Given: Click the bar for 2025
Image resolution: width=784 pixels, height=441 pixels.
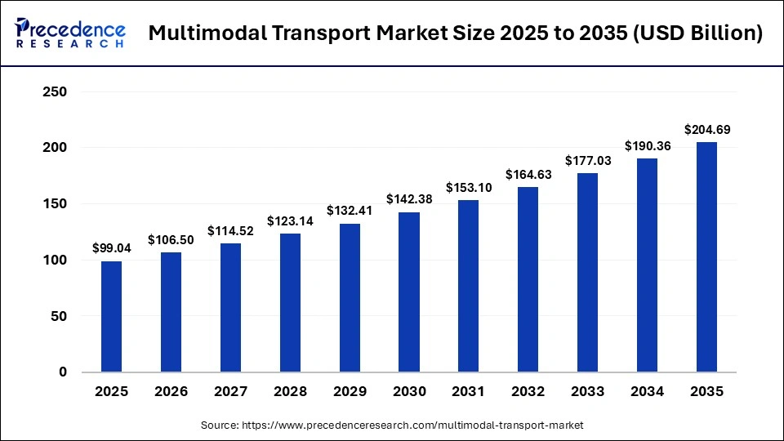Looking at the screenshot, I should (111, 317).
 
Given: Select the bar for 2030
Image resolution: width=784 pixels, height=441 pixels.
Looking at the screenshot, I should (409, 292).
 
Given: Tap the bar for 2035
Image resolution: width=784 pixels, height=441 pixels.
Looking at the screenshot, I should (706, 257).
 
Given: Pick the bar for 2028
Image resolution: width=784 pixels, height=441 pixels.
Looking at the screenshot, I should (290, 303).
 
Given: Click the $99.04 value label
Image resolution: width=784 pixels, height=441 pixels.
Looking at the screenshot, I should (111, 248).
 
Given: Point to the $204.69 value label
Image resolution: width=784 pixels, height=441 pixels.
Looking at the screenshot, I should (706, 129).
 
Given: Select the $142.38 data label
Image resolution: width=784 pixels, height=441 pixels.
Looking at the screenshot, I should (409, 199).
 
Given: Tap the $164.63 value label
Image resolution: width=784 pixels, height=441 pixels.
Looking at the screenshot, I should (528, 174).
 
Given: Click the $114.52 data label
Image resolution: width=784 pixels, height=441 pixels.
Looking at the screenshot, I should (230, 230).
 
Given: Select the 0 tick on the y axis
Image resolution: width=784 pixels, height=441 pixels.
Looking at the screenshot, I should (62, 372).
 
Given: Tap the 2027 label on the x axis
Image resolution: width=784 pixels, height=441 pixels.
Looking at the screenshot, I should (230, 392).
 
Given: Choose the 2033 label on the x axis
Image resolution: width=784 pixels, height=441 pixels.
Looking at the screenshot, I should (588, 392).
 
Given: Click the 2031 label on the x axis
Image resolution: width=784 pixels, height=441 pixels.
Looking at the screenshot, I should (469, 392).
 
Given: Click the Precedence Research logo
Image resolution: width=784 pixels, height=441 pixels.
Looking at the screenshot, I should (69, 33).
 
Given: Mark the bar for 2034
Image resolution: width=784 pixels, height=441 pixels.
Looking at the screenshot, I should (648, 265).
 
